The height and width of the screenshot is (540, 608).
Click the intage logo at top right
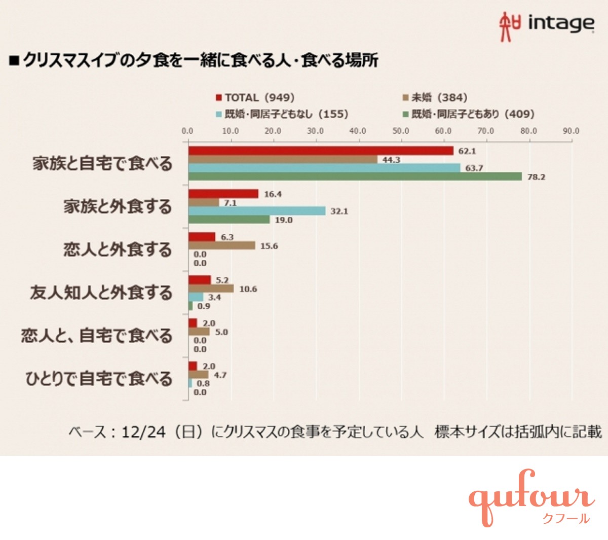[x=546, y=24]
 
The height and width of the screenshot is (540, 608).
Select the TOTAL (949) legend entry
[x=255, y=97]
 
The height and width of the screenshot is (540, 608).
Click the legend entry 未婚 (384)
[x=434, y=97]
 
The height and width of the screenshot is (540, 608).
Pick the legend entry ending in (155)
[x=282, y=114]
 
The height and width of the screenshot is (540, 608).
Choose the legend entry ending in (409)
[x=468, y=114]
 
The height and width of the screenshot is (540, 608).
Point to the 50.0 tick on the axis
[x=401, y=131]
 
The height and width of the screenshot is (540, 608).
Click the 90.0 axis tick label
[x=571, y=131]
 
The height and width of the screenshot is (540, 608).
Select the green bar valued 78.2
[x=355, y=176]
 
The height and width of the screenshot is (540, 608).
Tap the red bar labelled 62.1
[x=321, y=151]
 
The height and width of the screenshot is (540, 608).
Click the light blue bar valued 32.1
[x=257, y=211]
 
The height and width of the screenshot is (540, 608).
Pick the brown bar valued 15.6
[x=222, y=245]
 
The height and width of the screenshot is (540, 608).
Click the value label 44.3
[x=391, y=160]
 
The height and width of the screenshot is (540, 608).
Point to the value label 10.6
[x=248, y=289]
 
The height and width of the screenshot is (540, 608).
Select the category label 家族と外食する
[x=118, y=207]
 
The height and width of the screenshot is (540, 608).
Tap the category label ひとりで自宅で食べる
[x=99, y=379]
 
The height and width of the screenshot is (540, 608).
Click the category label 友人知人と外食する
[x=101, y=293]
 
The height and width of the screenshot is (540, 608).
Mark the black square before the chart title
[x=14, y=61]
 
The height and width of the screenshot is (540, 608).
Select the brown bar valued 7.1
[x=204, y=202]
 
